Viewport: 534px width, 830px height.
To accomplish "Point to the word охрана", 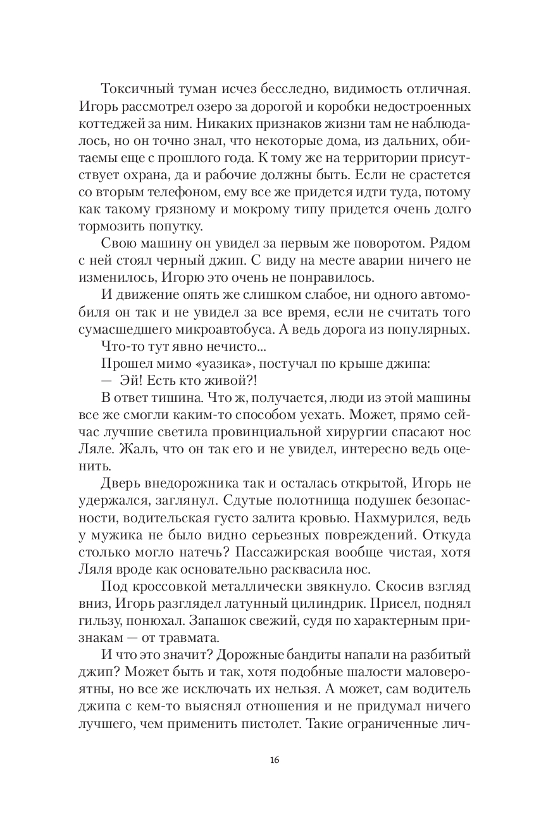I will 130,172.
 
